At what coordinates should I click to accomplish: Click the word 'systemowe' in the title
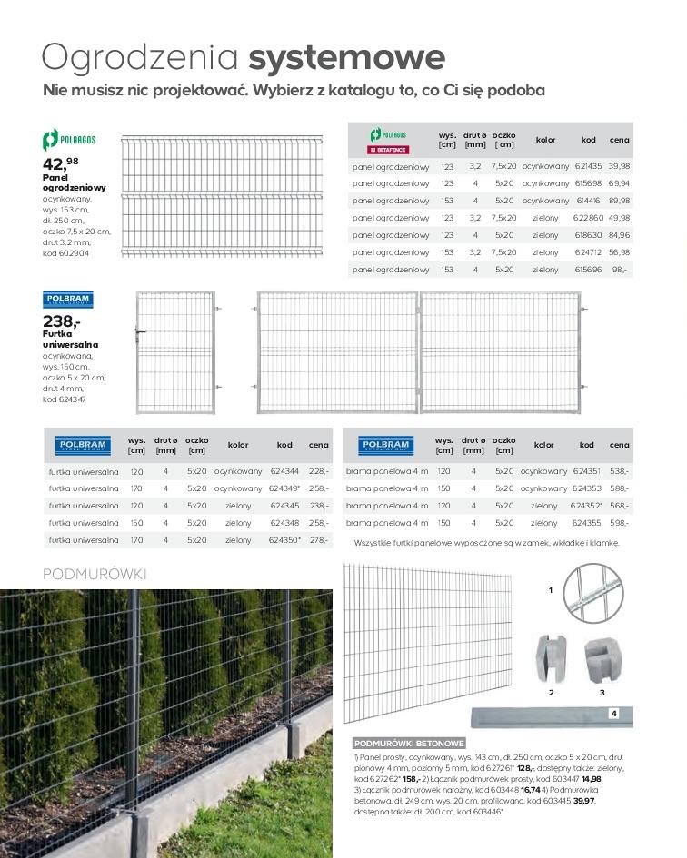[x=346, y=57]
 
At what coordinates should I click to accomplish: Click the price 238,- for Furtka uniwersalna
[x=62, y=321]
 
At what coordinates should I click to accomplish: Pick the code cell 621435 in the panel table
[x=588, y=166]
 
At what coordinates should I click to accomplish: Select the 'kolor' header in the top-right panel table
[x=545, y=140]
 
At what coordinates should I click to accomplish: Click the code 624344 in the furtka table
[x=284, y=471]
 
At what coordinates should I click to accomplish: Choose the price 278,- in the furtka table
[x=319, y=540]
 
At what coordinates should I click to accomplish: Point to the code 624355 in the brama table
[x=587, y=523]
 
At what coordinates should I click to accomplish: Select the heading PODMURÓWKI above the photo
[x=95, y=575]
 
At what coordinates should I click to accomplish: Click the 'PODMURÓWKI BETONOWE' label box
[x=409, y=742]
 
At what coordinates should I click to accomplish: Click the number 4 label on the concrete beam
[x=614, y=714]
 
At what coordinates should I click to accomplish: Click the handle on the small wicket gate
[x=139, y=333]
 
